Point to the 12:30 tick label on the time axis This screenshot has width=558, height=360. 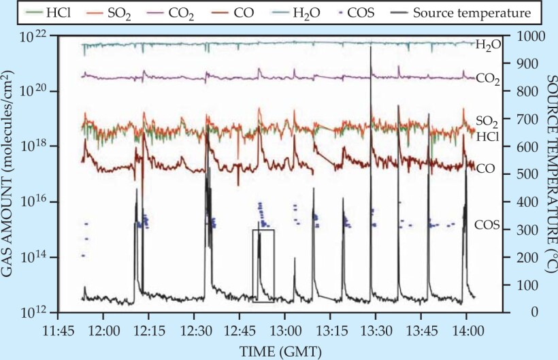[194, 327]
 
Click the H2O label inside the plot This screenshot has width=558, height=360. [488, 46]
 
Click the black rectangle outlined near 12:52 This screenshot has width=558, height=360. [263, 265]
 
